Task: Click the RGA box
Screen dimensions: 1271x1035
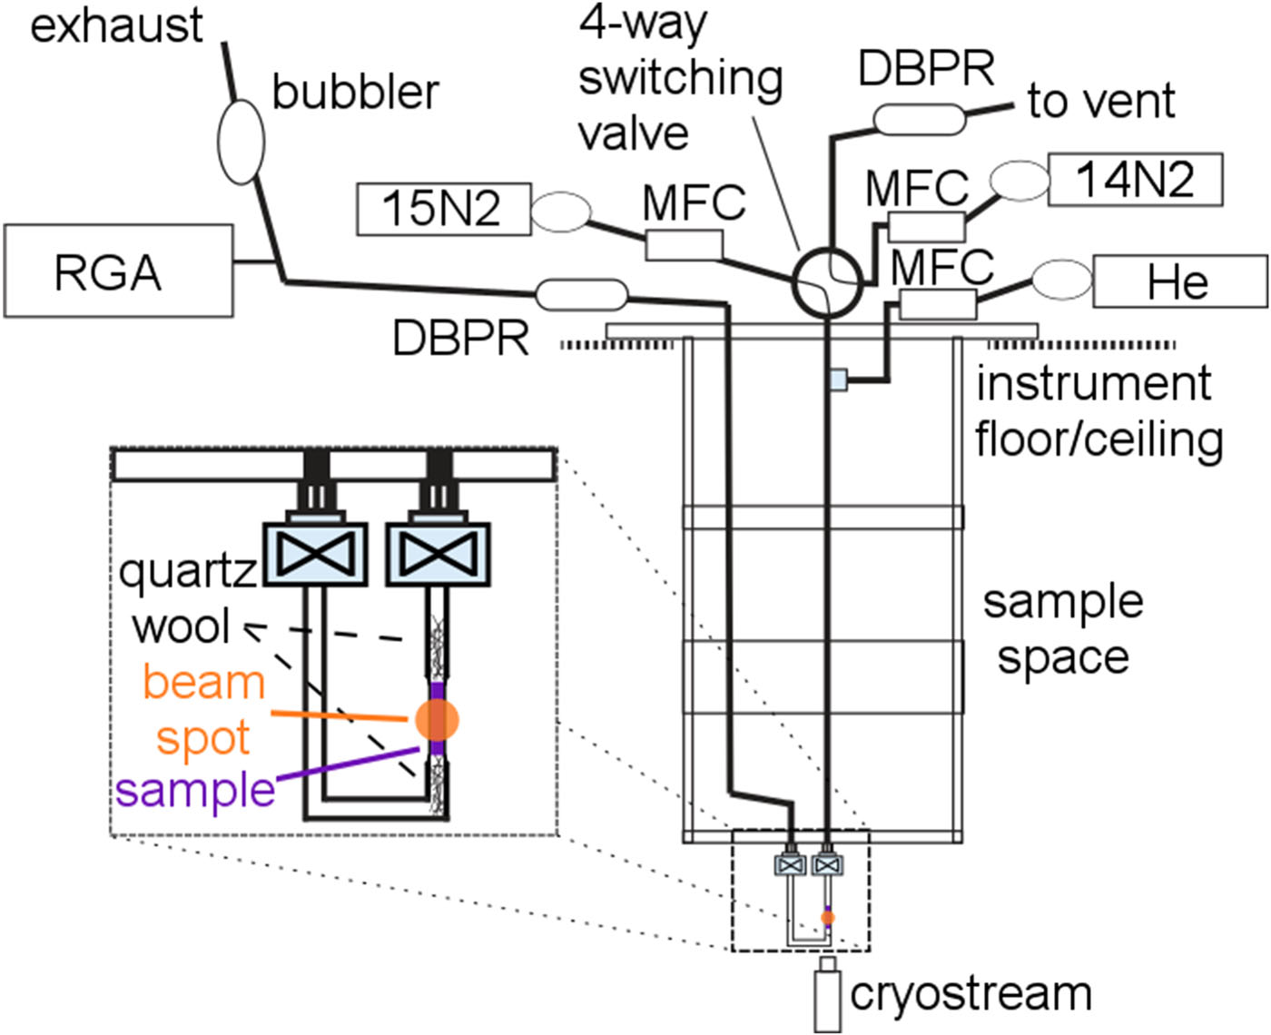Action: click(118, 271)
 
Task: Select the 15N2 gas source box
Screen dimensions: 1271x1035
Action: click(442, 209)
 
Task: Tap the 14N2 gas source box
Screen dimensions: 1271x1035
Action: click(1135, 180)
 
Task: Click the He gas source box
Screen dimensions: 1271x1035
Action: click(1178, 282)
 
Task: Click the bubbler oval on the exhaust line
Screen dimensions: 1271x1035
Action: click(241, 141)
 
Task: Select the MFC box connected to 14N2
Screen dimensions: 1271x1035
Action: click(925, 226)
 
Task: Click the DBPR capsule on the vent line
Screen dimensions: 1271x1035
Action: click(919, 120)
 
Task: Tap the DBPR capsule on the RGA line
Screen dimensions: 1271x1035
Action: click(581, 294)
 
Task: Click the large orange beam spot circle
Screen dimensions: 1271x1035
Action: click(438, 720)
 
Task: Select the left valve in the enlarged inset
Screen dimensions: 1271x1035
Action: click(314, 553)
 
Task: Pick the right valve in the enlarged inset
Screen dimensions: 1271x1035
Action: click(438, 553)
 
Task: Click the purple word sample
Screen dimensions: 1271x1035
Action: click(195, 791)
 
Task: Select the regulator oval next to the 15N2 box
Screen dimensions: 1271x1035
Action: click(560, 212)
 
